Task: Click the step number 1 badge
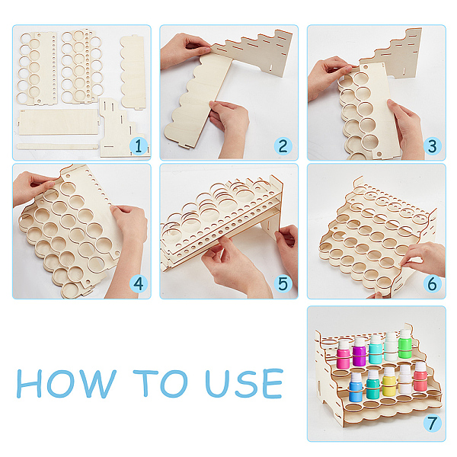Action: tap(138, 146)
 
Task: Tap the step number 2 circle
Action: tap(283, 146)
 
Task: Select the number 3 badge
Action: tap(432, 146)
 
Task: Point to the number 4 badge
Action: tap(138, 283)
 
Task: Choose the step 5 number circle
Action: tap(283, 283)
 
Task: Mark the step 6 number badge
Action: tap(432, 283)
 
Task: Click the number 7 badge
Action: tap(432, 423)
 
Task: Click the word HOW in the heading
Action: tap(66, 384)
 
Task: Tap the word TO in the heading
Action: tap(160, 384)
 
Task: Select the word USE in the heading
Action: tap(244, 384)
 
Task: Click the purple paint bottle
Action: tap(359, 352)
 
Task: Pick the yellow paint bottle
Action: tap(389, 382)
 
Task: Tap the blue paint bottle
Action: tap(356, 388)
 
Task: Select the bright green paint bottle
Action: tap(405, 344)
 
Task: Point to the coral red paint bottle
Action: tap(420, 376)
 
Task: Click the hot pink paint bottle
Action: tap(344, 354)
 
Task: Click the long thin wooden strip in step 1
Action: tap(57, 146)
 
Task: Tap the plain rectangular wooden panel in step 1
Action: tap(59, 122)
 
